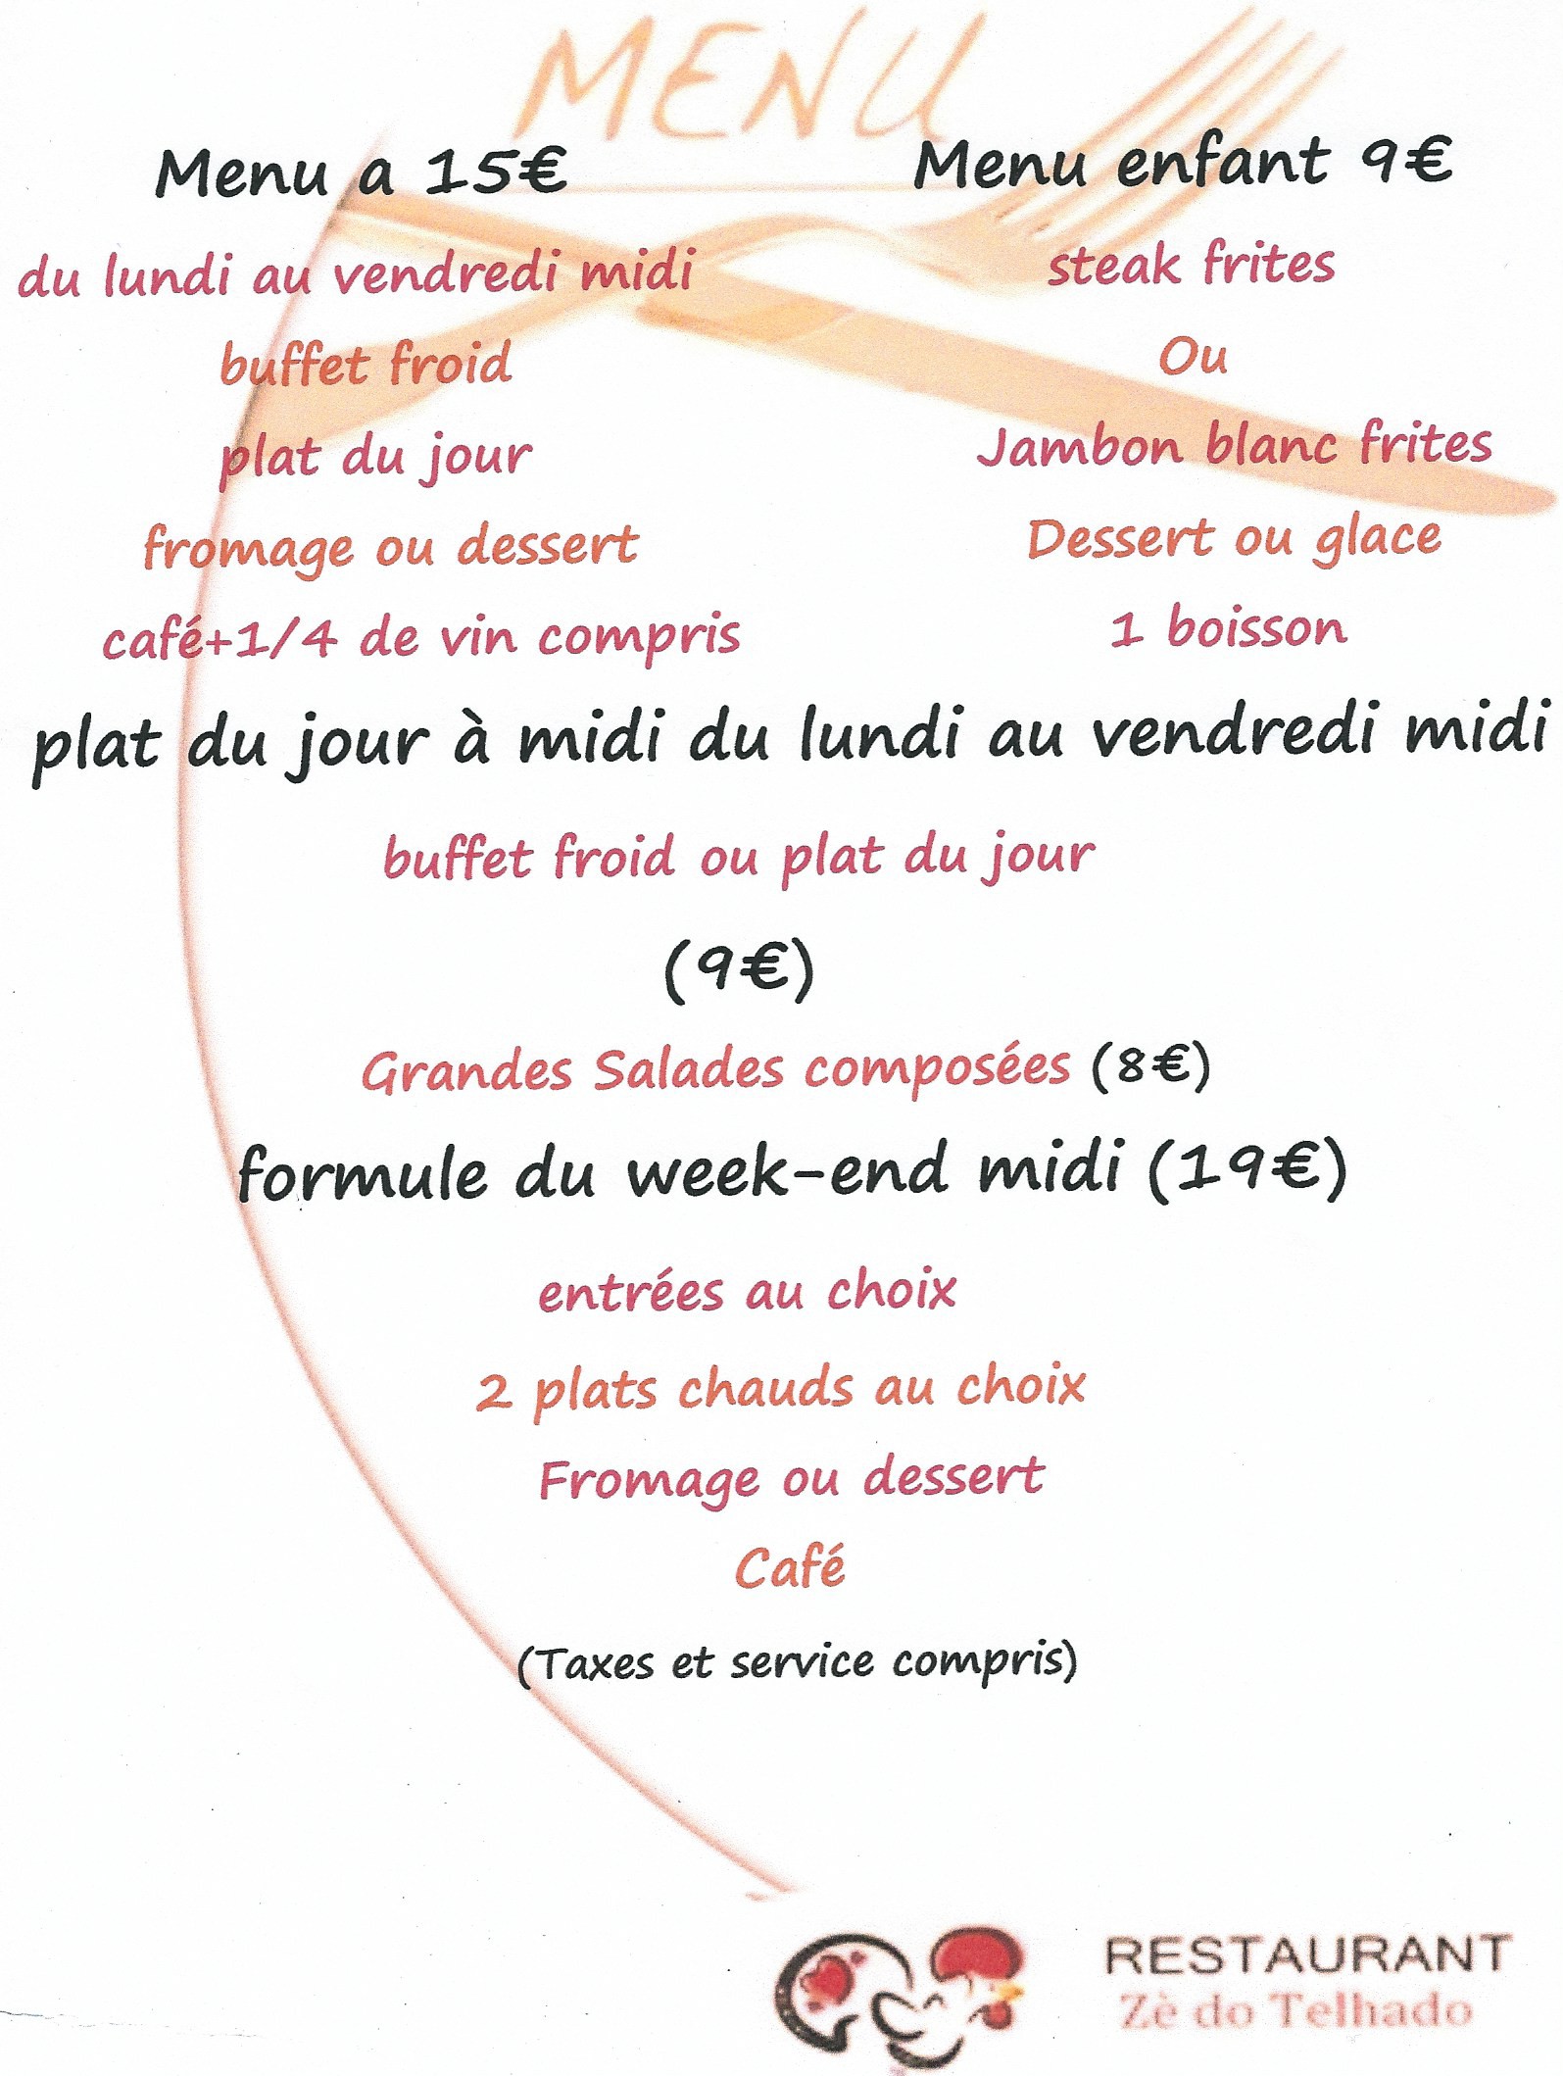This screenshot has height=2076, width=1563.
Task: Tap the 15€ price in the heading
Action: click(x=496, y=171)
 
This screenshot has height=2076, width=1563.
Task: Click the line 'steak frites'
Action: click(x=1191, y=265)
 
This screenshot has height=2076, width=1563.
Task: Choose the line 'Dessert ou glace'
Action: click(x=1234, y=539)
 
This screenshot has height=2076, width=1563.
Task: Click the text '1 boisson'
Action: click(x=1229, y=628)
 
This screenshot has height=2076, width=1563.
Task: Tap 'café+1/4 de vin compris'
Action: click(x=421, y=638)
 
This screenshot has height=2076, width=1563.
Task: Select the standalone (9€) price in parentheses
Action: click(x=739, y=970)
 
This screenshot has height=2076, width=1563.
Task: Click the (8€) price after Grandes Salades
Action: click(x=1151, y=1065)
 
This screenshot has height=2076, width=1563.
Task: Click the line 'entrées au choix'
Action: click(x=747, y=1291)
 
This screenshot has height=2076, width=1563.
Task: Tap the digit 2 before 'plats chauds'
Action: click(x=493, y=1392)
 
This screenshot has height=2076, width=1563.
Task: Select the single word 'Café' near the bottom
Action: click(x=790, y=1567)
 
